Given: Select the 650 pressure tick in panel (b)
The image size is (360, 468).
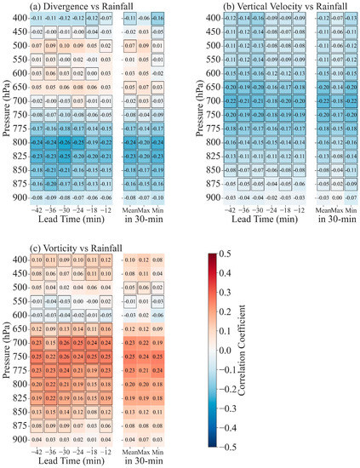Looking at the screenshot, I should pyautogui.click(x=203, y=100).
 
